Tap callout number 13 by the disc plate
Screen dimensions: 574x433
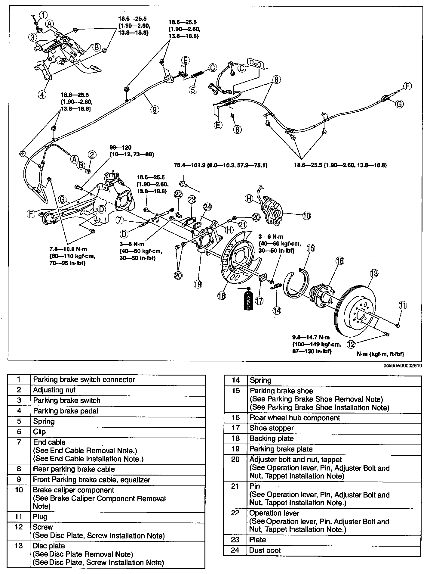(x=373, y=273)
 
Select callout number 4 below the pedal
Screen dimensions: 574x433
(x=42, y=94)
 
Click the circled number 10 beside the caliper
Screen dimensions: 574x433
(x=306, y=215)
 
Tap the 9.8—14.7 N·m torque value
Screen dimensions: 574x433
(x=311, y=337)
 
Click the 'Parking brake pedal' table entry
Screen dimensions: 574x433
(x=66, y=411)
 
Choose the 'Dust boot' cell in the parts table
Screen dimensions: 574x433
(x=265, y=550)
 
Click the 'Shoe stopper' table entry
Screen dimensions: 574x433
(x=272, y=428)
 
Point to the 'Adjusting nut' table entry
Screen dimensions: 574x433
(x=54, y=390)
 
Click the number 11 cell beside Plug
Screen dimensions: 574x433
(x=19, y=516)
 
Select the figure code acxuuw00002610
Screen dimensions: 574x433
(x=402, y=366)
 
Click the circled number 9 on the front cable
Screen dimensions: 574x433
(x=154, y=110)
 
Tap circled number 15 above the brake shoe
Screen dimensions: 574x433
(x=311, y=248)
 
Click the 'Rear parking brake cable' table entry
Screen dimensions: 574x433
(x=74, y=469)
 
